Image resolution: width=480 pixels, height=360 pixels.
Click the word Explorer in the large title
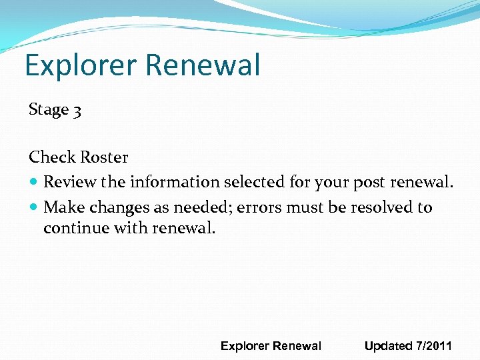coord(80,66)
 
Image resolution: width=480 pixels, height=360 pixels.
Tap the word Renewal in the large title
coord(202,66)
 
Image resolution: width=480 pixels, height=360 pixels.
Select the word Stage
coord(49,110)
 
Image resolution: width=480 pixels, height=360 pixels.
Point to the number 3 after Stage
coord(77,111)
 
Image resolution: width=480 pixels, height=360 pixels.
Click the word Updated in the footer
coord(389,346)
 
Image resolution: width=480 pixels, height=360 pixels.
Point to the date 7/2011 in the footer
coord(434,346)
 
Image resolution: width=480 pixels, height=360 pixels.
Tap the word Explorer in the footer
coord(245,346)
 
